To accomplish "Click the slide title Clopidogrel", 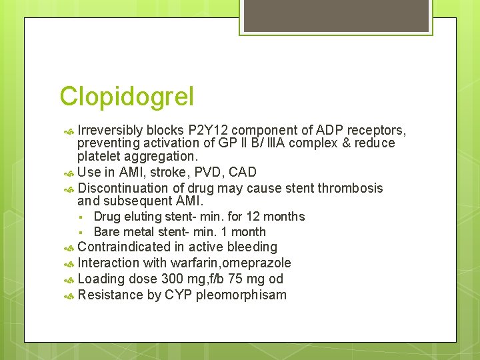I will [x=127, y=97].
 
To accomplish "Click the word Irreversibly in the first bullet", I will [x=110, y=129].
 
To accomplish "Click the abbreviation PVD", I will [x=210, y=173].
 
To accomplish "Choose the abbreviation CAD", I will [x=243, y=173].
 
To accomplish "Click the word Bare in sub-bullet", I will [x=107, y=232].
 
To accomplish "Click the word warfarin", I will [x=193, y=263].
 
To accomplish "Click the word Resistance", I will [x=107, y=295].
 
